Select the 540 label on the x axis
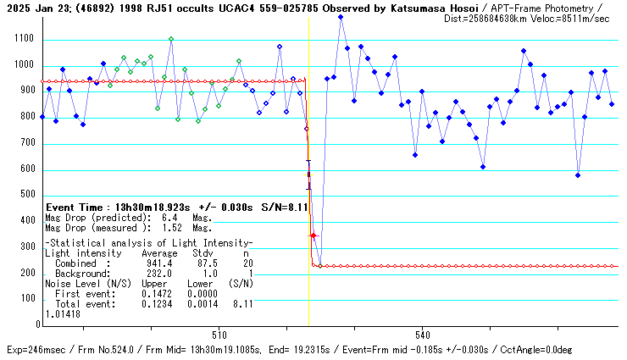[x=423, y=333]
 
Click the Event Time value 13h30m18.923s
[x=149, y=207]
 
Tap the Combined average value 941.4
[x=159, y=264]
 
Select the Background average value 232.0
[x=159, y=274]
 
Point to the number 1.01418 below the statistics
[x=63, y=313]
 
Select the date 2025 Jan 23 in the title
[x=31, y=8]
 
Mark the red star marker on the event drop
[x=313, y=235]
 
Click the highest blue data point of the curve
[x=341, y=17]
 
